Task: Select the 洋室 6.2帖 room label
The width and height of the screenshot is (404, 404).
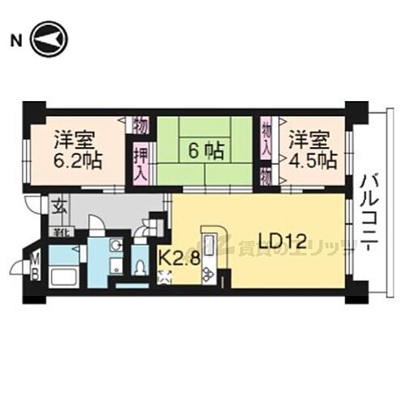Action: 78,149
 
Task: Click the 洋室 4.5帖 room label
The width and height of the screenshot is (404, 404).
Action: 312,147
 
